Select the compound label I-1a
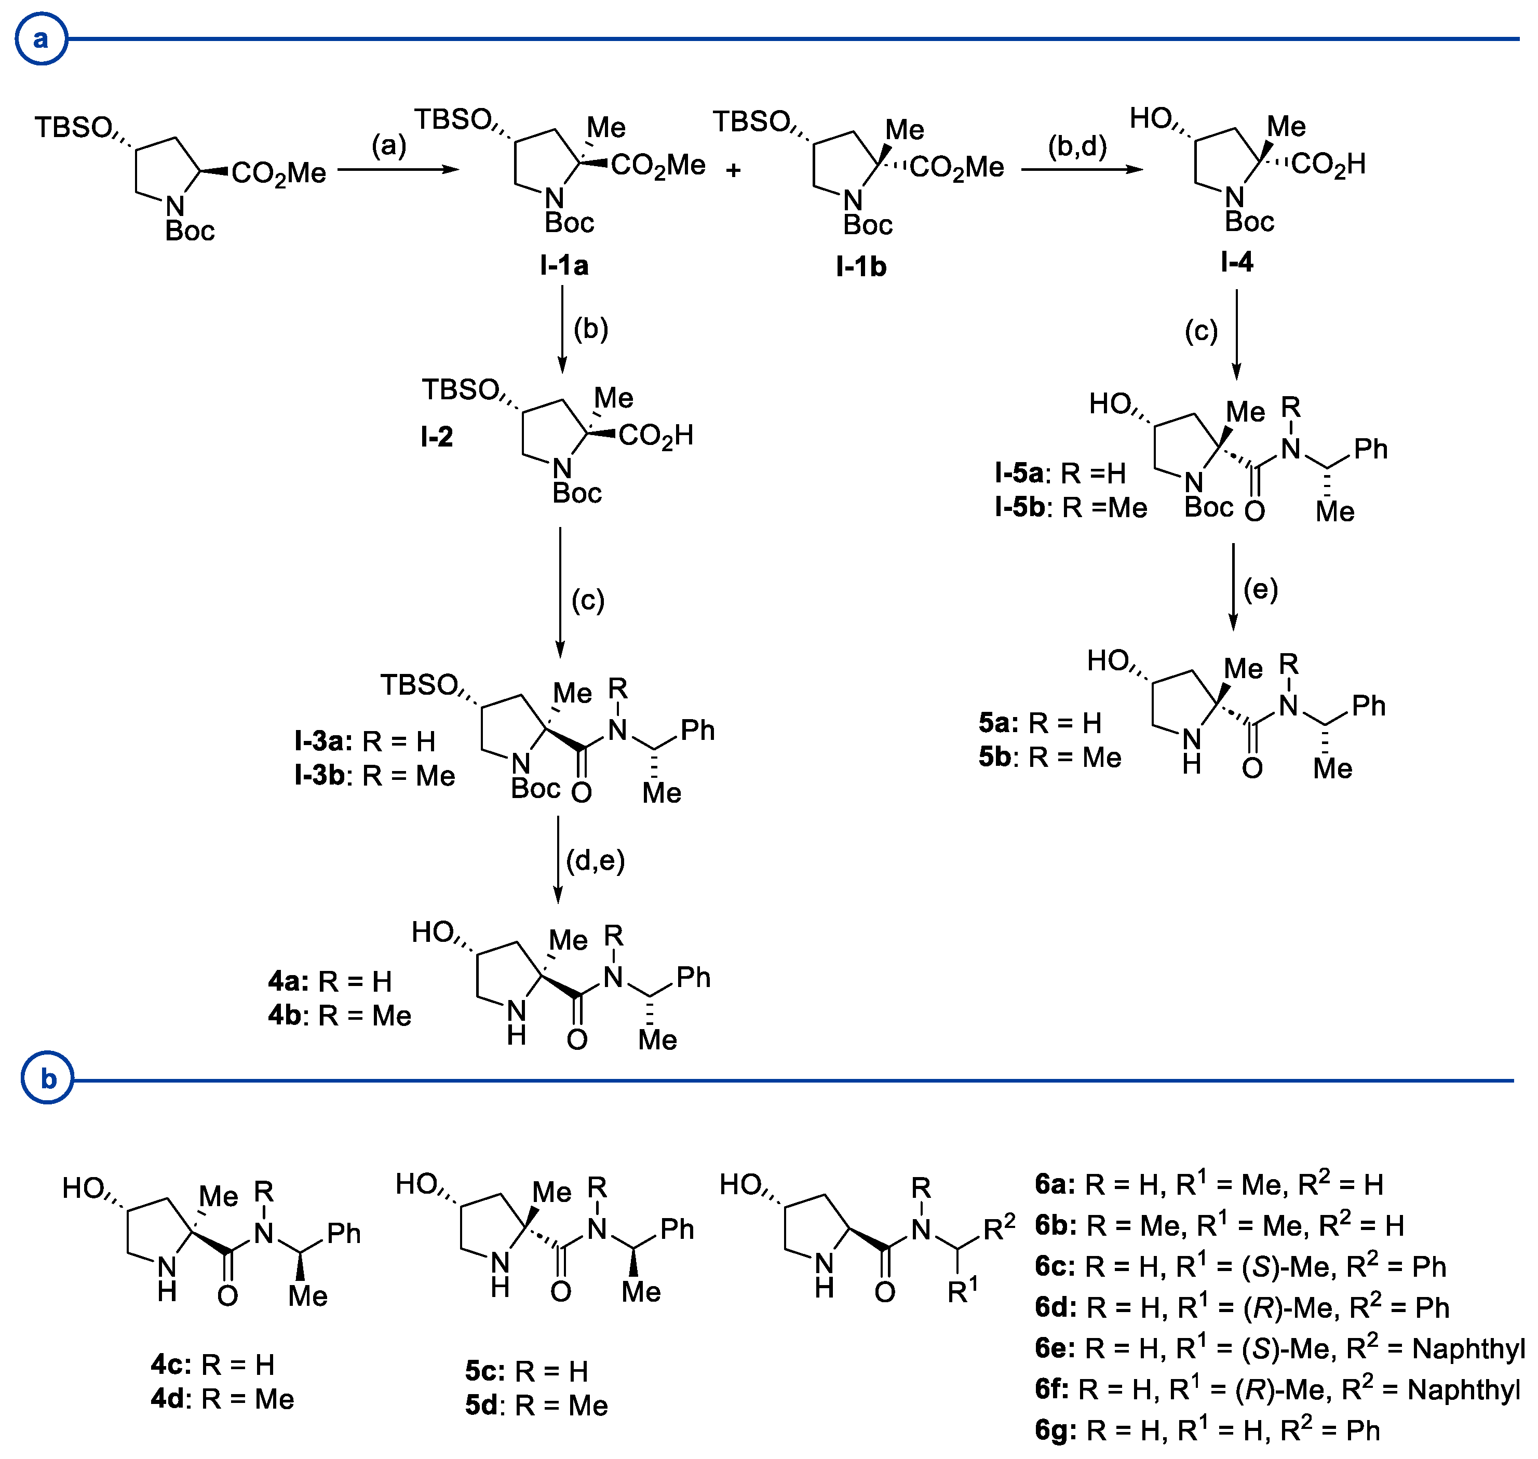(x=564, y=266)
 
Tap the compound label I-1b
(x=861, y=267)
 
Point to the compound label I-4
(x=1236, y=262)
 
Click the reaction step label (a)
(x=389, y=145)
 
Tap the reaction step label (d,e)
(x=595, y=860)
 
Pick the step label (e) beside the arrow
(x=1260, y=589)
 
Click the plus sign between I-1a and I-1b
(x=733, y=170)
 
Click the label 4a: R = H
(x=330, y=981)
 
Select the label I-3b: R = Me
(x=374, y=775)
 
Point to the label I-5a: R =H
(x=1060, y=473)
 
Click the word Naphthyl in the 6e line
(x=1467, y=1348)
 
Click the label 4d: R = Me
(x=222, y=1399)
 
